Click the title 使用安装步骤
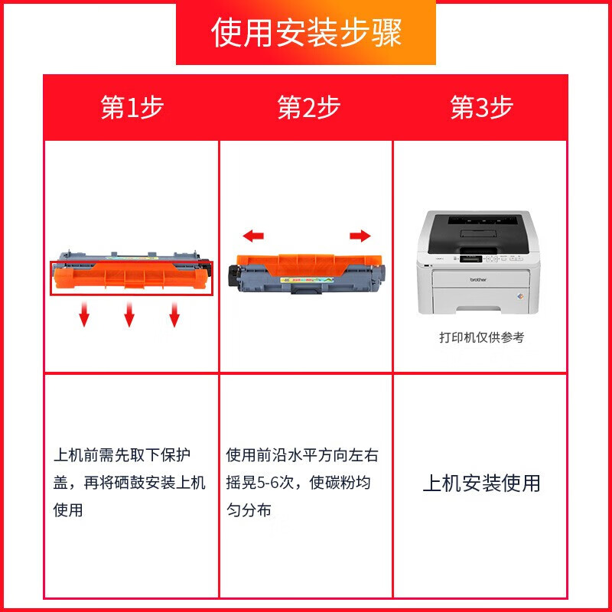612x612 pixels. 306,34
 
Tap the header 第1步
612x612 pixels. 132,108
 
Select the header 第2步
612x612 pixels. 308,108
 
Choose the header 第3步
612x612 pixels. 481,108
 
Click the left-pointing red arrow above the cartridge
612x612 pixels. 252,236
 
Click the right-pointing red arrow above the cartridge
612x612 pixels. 360,236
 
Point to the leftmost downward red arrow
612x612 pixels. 84,314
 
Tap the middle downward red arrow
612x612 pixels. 129,314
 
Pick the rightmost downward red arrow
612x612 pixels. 174,314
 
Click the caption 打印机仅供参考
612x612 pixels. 481,337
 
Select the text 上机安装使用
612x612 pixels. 481,483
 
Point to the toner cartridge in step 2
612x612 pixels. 308,272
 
